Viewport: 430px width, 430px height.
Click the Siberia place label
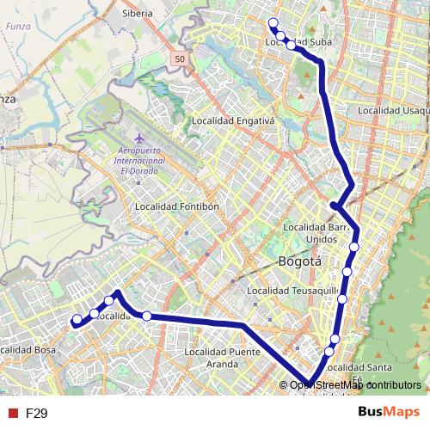137,14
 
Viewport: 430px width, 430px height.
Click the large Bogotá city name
299,261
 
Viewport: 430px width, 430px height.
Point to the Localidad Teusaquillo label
292,292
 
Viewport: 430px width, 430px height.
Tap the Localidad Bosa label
28,350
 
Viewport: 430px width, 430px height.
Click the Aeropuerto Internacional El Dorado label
139,162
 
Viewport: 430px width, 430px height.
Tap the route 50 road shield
177,58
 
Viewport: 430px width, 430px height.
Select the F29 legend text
36,413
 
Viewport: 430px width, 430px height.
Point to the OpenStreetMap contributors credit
354,384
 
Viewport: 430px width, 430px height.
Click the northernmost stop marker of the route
273,23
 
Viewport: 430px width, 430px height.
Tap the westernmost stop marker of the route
77,320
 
